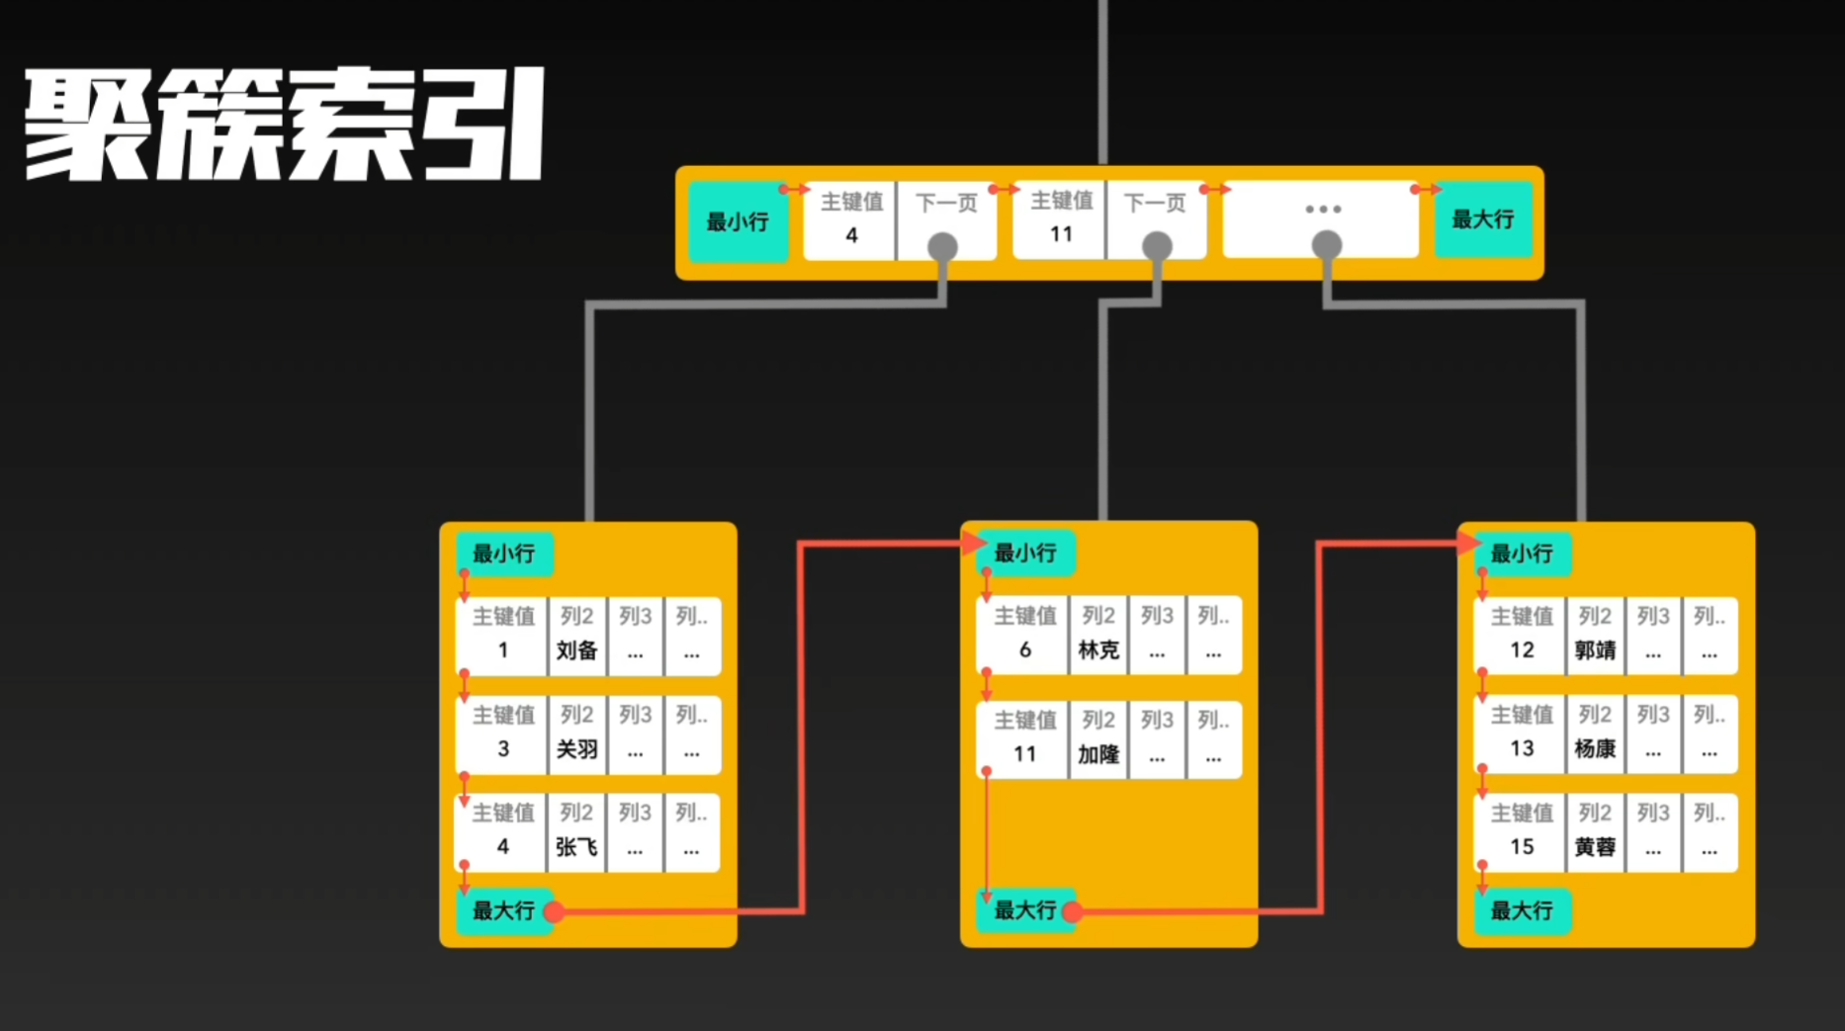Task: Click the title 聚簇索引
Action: [x=285, y=125]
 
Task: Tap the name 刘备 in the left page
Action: [x=576, y=650]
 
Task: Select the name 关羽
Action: [x=576, y=749]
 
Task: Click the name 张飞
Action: [x=576, y=847]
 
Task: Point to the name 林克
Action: [x=1098, y=650]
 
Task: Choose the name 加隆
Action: [x=1098, y=755]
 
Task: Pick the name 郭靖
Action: [x=1595, y=650]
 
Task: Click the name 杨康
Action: [x=1595, y=749]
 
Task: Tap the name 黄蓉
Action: [x=1595, y=847]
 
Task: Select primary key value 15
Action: [x=1522, y=847]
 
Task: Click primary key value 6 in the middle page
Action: [x=1025, y=650]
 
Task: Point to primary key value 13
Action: [x=1522, y=749]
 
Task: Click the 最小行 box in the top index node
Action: [x=738, y=221]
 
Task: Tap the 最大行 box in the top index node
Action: [x=1482, y=219]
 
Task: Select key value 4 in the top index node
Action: [x=851, y=235]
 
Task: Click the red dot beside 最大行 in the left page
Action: [x=554, y=911]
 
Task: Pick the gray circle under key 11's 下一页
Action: [x=1157, y=245]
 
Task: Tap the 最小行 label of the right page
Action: [x=1521, y=554]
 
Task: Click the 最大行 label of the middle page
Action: [x=1024, y=910]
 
